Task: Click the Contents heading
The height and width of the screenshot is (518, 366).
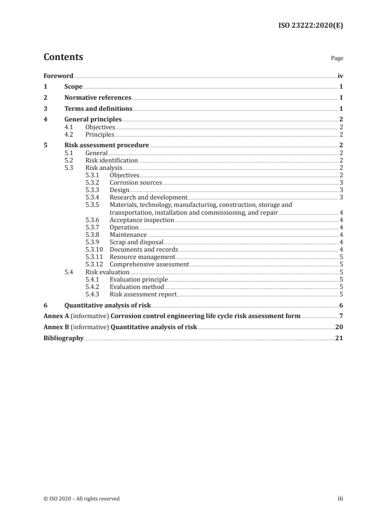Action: [63, 57]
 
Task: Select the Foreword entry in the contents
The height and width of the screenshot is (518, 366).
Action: [58, 76]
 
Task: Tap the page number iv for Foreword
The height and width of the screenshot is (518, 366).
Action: [340, 76]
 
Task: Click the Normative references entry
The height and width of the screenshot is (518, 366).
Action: [98, 98]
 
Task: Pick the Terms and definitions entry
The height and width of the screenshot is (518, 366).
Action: [98, 109]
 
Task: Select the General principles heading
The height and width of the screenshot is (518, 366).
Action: [93, 120]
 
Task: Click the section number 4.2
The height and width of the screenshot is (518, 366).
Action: [69, 135]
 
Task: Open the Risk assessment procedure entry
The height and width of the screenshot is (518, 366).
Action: [107, 145]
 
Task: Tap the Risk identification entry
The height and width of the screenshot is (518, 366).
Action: [112, 161]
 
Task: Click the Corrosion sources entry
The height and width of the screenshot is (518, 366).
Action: [136, 183]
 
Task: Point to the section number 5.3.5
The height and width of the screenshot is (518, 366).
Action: [94, 205]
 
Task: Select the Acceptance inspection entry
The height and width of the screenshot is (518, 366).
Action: [142, 220]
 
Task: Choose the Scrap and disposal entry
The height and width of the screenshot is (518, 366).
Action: [137, 242]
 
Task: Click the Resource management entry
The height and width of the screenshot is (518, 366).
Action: [142, 257]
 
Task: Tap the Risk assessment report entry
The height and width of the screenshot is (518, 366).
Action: [143, 294]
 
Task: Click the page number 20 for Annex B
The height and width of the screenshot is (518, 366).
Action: [339, 327]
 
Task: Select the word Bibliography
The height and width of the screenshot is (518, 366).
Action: [63, 338]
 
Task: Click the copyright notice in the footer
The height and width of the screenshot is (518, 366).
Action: [82, 499]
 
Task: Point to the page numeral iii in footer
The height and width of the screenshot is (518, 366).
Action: [341, 499]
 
